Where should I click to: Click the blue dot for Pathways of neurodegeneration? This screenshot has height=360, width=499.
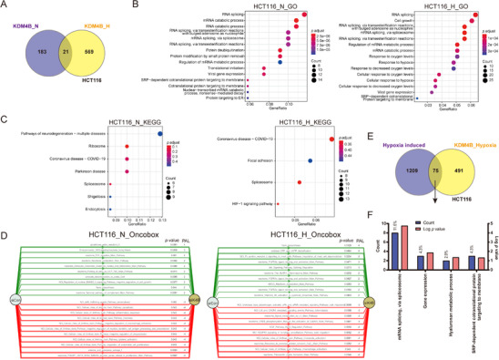pyautogui.click(x=160, y=135)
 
